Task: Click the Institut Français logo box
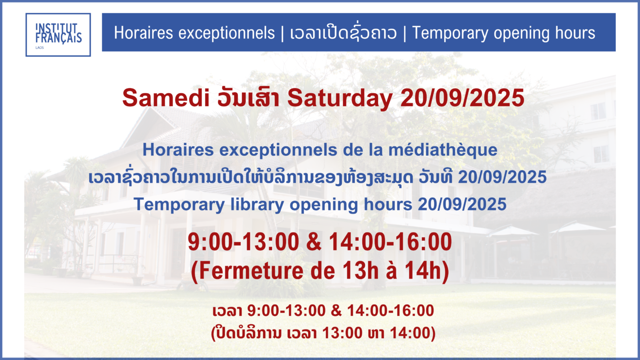coord(58,35)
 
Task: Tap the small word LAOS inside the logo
coord(40,47)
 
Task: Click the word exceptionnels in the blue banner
coord(226,33)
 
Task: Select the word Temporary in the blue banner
coord(450,33)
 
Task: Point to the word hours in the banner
coord(575,32)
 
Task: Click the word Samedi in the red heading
coord(166,98)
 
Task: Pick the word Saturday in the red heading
coord(339,98)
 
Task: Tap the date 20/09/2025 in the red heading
coord(462,98)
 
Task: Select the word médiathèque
coord(443,150)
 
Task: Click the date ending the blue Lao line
coord(502,177)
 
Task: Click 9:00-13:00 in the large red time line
coord(243,242)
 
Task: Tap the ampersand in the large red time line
coord(314,242)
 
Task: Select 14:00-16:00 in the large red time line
coord(390,242)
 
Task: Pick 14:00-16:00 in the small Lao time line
coord(391,311)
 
